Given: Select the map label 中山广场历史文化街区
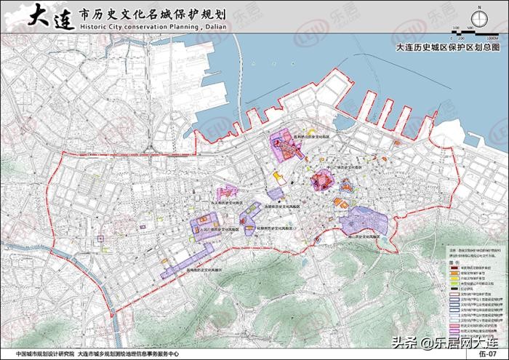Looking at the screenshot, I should [x=342, y=166].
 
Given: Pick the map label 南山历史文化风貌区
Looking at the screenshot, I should [x=364, y=236].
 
